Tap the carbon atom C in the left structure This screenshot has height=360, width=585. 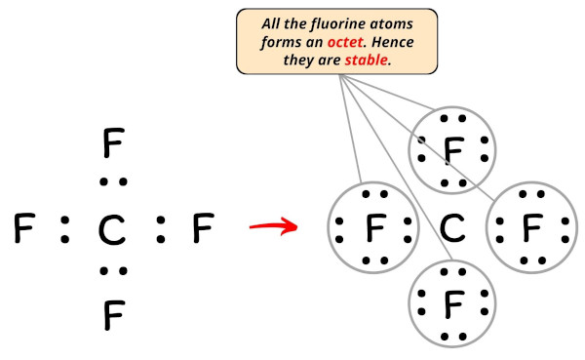(x=113, y=231)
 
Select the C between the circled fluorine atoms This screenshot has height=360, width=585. (x=452, y=229)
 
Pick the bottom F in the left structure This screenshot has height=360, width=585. (x=113, y=314)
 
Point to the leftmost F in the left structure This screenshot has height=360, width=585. (x=24, y=230)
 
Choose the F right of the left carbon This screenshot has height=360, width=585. (x=202, y=230)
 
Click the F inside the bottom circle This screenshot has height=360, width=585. (x=452, y=305)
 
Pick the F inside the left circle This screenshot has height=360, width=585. (x=375, y=230)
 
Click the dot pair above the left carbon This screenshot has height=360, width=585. (x=113, y=181)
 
